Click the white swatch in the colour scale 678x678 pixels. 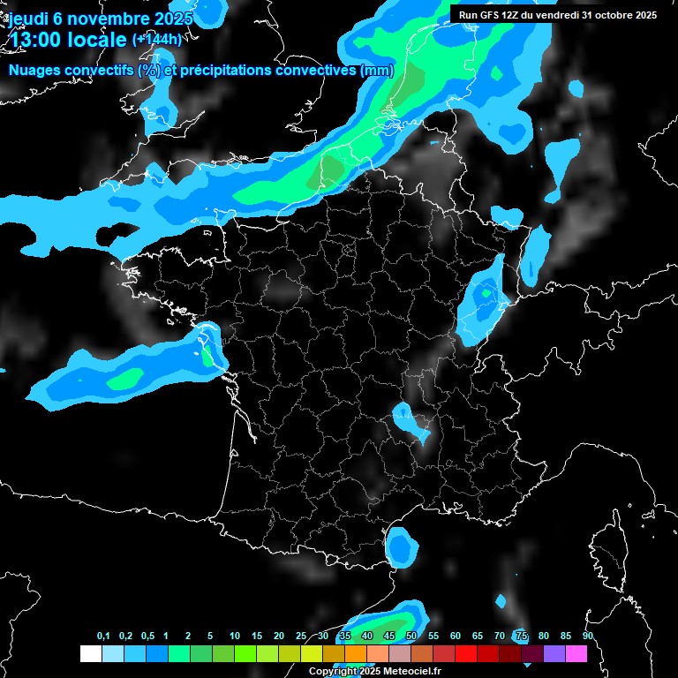pos(90,654)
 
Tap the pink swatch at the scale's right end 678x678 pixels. pos(576,654)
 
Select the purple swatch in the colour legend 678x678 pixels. pos(554,654)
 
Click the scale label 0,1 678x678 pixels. pos(103,637)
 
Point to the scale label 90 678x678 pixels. pos(587,637)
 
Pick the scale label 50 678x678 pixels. pos(411,637)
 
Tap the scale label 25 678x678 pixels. pos(301,637)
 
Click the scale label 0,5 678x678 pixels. pos(147,637)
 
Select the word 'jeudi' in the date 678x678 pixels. pos(27,19)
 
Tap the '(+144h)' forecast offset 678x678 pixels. pos(156,39)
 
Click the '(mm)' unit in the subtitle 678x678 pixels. pos(377,71)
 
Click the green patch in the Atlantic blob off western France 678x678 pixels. pos(125,379)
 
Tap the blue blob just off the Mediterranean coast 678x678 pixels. pos(403,547)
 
